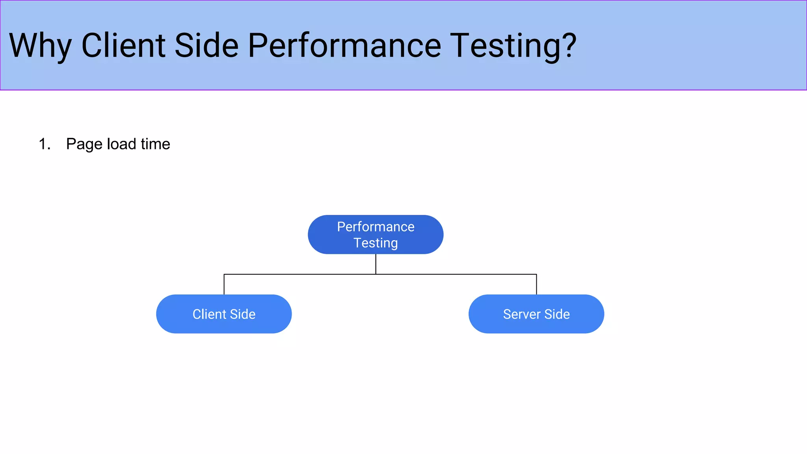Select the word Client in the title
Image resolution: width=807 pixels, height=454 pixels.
(x=123, y=46)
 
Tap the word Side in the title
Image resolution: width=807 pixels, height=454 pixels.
(x=206, y=46)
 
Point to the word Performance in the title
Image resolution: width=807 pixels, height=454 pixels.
(x=344, y=46)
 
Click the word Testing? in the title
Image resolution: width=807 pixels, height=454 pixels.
(x=508, y=47)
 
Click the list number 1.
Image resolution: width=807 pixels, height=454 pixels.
(x=44, y=144)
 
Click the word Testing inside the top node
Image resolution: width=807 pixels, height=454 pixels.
(x=376, y=243)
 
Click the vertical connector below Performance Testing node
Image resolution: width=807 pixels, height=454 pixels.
(x=376, y=264)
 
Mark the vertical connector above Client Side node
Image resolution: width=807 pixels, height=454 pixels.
(x=224, y=285)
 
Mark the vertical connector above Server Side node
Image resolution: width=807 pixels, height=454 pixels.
(x=536, y=285)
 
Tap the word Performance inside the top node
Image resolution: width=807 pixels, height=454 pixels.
(x=376, y=227)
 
